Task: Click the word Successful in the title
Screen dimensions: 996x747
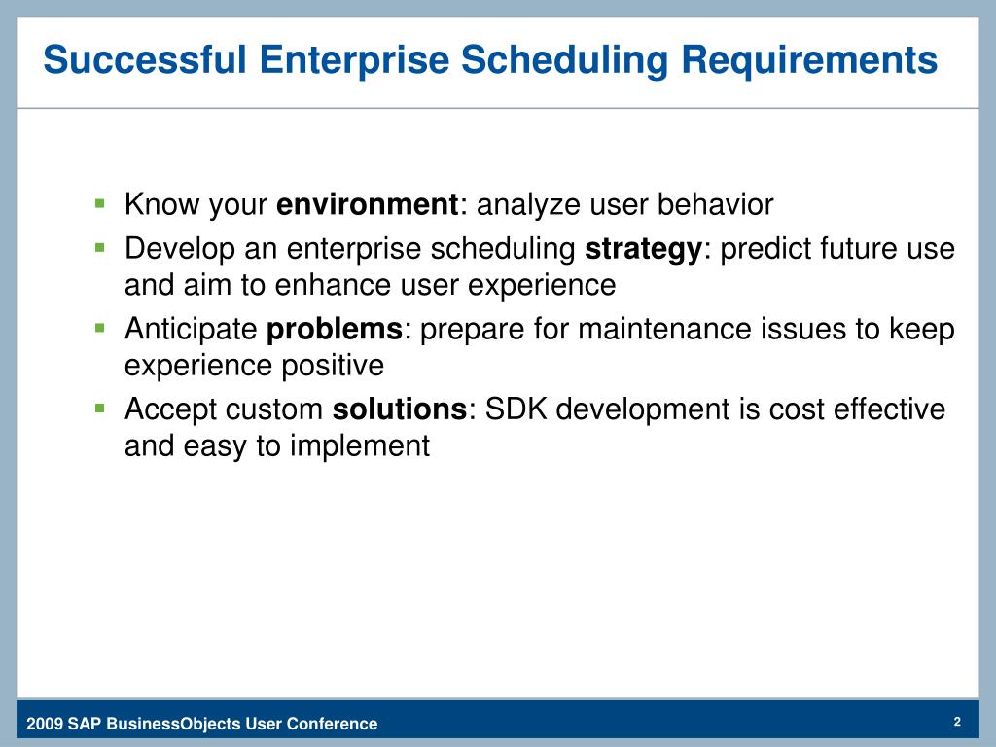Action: [145, 59]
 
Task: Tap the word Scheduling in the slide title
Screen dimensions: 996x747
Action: [565, 60]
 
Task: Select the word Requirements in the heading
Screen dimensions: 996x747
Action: [809, 61]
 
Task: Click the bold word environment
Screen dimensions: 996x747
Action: [367, 204]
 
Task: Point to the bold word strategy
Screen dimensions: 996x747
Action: [644, 250]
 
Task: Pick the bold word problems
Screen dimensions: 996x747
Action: [335, 330]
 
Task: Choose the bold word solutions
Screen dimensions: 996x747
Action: [400, 409]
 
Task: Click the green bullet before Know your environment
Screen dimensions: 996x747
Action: [100, 204]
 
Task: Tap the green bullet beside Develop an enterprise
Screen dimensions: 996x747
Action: [100, 248]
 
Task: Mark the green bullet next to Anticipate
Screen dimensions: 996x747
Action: [100, 329]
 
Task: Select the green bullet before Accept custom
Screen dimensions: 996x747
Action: [100, 409]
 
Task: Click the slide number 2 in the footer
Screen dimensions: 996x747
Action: [957, 722]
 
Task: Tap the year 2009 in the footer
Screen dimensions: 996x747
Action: [45, 724]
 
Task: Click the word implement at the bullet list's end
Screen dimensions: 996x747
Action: [360, 445]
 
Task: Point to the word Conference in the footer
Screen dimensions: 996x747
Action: [332, 724]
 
